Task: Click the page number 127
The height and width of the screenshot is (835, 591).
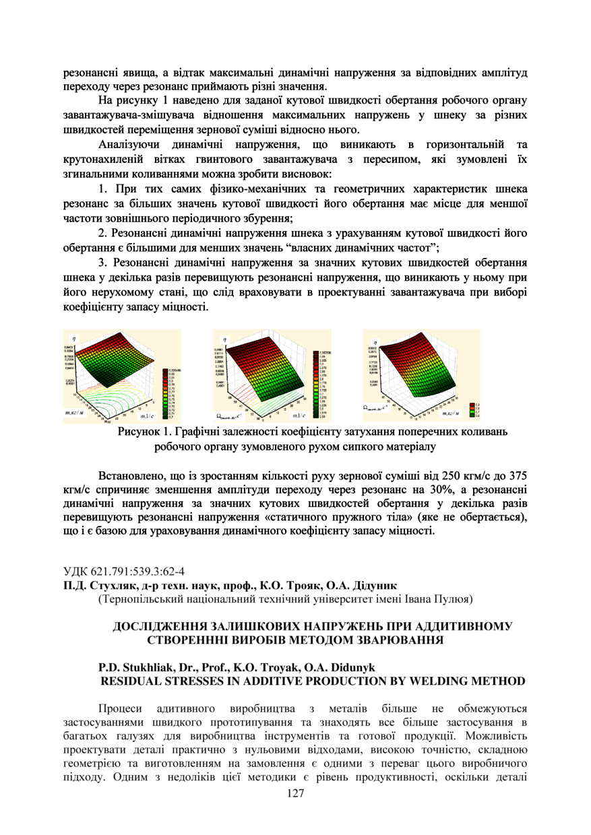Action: coord(295,794)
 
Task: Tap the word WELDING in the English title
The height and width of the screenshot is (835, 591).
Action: coord(449,681)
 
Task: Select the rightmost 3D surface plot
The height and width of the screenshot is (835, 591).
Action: coord(414,367)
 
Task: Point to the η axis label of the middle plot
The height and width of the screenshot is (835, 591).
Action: coord(224,339)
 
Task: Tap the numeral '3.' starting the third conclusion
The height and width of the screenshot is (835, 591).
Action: coord(103,262)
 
